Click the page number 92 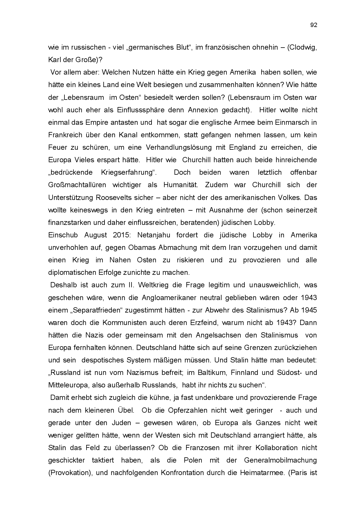(314, 25)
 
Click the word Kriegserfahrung (128, 172)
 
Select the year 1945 (309, 310)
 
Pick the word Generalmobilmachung (280, 460)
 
